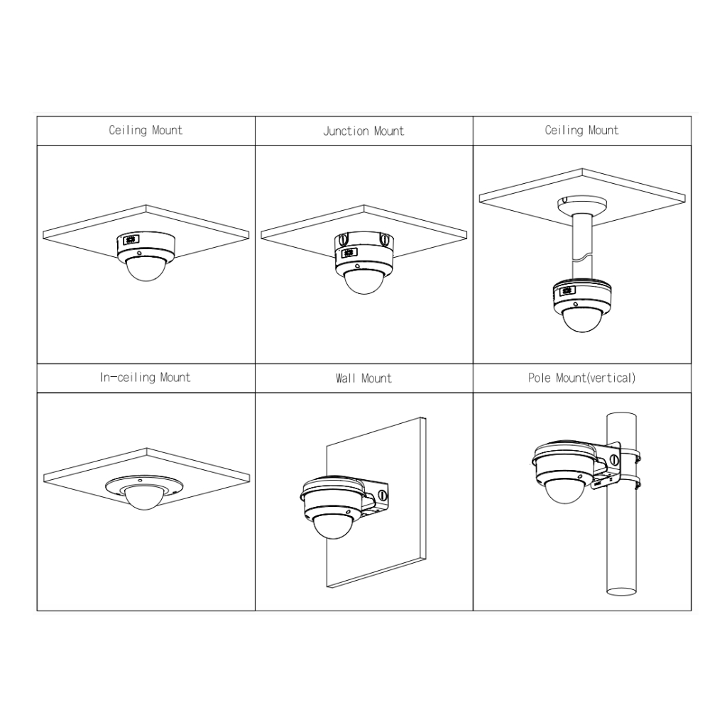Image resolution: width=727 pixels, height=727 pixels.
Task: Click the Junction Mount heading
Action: pyautogui.click(x=363, y=131)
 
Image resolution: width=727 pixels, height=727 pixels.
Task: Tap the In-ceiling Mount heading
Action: pyautogui.click(x=145, y=378)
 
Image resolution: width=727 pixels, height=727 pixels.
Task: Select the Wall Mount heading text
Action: pyautogui.click(x=363, y=378)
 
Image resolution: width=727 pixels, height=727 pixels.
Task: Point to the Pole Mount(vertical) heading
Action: pyautogui.click(x=581, y=378)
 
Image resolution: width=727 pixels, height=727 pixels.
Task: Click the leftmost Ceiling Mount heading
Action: pyautogui.click(x=146, y=130)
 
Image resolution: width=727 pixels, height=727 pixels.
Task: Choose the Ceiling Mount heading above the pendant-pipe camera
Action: pyautogui.click(x=581, y=130)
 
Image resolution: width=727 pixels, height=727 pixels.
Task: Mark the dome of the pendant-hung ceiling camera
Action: pyautogui.click(x=582, y=319)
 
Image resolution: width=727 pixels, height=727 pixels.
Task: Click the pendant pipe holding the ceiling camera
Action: pyautogui.click(x=582, y=246)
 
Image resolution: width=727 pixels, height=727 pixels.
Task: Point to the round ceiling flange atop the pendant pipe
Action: pyautogui.click(x=582, y=204)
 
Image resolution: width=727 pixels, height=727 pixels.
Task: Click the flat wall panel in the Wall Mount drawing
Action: pyautogui.click(x=376, y=503)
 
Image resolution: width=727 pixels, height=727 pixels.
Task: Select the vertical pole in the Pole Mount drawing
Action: pyautogui.click(x=621, y=504)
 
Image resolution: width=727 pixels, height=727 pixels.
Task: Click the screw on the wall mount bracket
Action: pyautogui.click(x=383, y=495)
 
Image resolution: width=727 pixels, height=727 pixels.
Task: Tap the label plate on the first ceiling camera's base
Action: pyautogui.click(x=131, y=240)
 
